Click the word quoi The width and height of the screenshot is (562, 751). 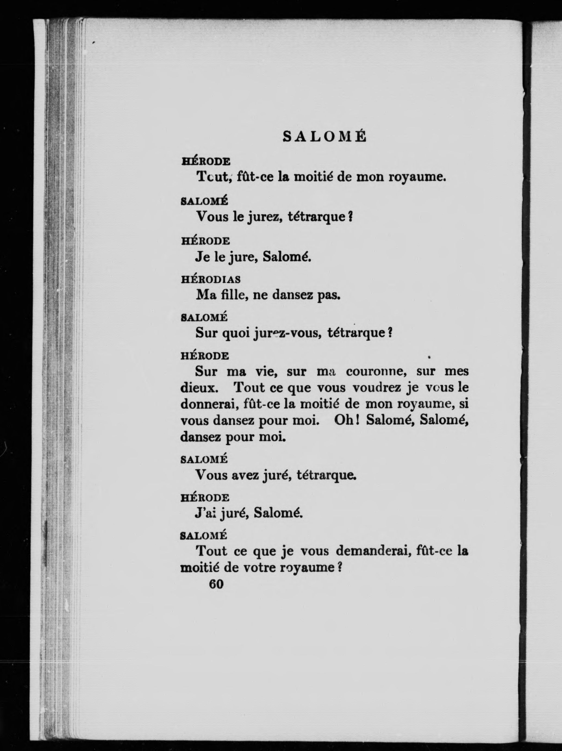(235, 333)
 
